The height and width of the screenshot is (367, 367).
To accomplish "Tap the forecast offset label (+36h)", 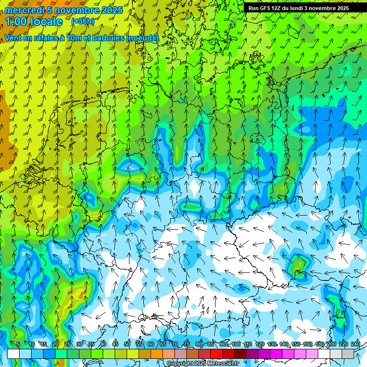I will (83, 22).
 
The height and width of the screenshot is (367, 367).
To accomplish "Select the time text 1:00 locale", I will (34, 22).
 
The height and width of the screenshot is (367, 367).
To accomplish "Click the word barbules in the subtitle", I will (107, 38).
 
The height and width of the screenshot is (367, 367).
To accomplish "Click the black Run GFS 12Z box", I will (299, 8).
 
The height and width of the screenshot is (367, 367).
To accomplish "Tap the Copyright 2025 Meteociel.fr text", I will (203, 364).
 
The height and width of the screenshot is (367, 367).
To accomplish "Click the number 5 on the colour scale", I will (18, 345).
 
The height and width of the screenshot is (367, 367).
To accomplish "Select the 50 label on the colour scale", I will (127, 345).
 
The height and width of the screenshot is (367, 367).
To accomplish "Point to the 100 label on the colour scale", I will (236, 345).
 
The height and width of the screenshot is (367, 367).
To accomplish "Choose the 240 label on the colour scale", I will (356, 345).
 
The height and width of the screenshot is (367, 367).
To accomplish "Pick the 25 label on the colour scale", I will (67, 345).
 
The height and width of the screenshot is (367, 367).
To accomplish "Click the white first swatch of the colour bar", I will (13, 354).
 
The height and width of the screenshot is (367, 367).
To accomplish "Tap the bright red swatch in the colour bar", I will (216, 354).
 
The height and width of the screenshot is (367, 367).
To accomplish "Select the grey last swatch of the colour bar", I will (348, 354).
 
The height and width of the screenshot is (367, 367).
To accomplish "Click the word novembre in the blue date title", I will (77, 10).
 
